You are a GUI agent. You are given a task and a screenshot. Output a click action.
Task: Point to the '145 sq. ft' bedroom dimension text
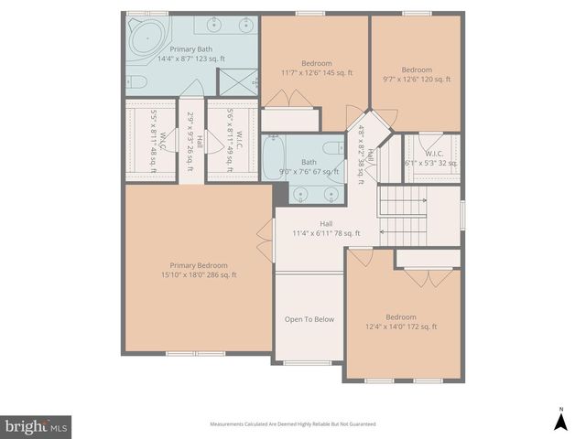pos(316,73)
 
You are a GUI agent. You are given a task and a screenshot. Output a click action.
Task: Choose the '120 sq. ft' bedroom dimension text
pos(416,80)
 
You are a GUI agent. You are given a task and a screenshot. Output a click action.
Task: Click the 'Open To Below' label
pos(309,319)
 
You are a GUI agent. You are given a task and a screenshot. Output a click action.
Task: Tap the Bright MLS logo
pos(36,425)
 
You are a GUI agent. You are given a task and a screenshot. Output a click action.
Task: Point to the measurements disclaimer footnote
pos(293,424)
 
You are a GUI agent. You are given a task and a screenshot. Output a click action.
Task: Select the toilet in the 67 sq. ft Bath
pos(332,149)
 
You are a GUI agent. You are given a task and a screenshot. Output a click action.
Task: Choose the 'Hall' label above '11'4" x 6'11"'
pos(326,223)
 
